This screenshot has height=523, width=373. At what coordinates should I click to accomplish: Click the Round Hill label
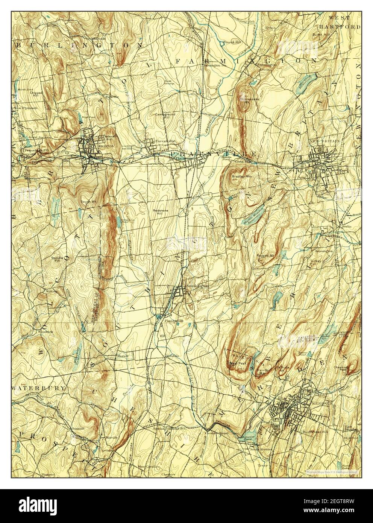232,42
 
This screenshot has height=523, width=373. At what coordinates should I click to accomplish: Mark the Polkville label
112,97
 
